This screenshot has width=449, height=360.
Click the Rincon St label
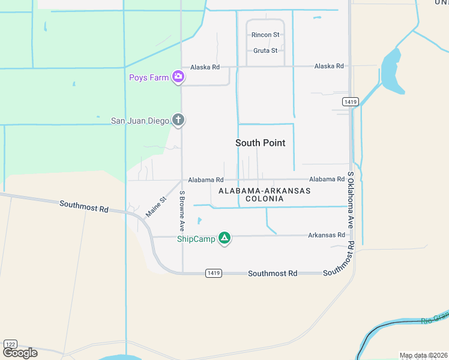click(x=265, y=35)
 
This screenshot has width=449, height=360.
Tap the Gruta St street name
click(x=265, y=50)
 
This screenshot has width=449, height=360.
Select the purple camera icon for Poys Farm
click(x=178, y=76)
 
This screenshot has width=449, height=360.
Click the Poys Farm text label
click(x=148, y=77)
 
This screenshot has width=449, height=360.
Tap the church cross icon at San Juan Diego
click(x=178, y=120)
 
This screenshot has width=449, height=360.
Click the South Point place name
click(x=260, y=143)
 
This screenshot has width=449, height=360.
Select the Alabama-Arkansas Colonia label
click(x=264, y=194)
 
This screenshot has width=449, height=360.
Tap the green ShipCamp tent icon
click(x=224, y=238)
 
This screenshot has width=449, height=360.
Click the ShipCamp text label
click(x=196, y=239)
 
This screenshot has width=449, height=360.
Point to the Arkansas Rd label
click(x=327, y=235)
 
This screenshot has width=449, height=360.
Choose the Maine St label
click(x=155, y=207)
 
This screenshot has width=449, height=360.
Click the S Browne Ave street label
click(x=182, y=211)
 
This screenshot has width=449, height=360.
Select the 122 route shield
click(x=11, y=344)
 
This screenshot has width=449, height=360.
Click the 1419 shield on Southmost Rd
click(x=213, y=273)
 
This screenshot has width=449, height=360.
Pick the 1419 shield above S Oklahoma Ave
click(x=351, y=102)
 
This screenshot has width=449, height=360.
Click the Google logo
click(x=20, y=353)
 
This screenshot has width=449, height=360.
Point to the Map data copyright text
click(x=423, y=355)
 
